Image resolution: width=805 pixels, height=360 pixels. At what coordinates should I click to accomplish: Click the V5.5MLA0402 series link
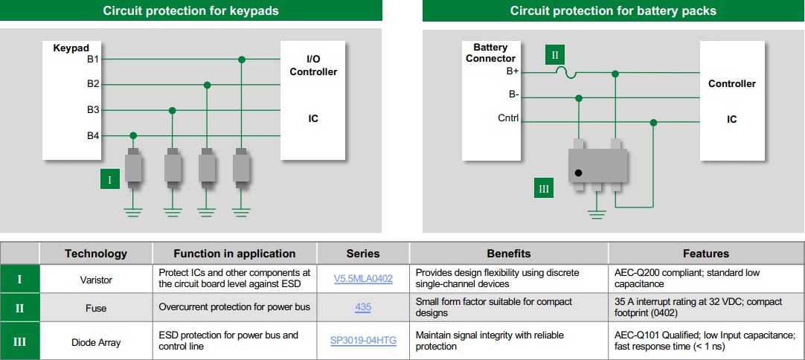coord(363,279)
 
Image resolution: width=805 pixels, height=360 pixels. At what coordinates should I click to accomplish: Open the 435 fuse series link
coord(363,307)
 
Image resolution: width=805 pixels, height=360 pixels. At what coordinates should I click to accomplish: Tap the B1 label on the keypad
coord(93,59)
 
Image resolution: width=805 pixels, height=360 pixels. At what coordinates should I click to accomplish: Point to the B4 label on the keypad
coord(93,135)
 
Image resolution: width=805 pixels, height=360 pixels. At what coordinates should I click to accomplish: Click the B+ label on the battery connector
coord(513,71)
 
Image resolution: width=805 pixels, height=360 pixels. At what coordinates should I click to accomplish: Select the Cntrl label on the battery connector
coord(508,118)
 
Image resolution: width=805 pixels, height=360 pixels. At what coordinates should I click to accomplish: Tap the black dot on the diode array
coord(578,173)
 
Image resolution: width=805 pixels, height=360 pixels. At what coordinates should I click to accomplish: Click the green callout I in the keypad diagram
coord(110,179)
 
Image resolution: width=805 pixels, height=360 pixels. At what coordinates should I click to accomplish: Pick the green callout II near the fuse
coord(555,54)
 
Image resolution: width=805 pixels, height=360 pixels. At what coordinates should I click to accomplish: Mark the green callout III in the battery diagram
coord(544,189)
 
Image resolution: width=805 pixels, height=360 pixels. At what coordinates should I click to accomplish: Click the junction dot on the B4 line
coord(133,135)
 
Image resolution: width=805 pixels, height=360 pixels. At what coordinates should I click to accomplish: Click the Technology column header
coord(96,254)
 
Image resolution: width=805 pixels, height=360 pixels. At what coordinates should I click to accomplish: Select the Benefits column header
coord(508,254)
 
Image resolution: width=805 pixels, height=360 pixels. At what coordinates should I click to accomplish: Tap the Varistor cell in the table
coord(96,279)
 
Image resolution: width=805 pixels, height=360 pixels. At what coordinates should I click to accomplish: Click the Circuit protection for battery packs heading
coord(613,10)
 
